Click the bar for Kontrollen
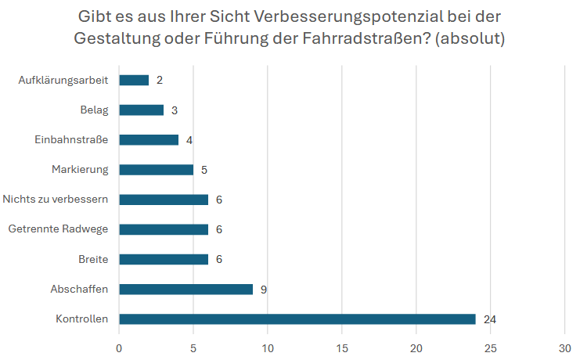point(297,319)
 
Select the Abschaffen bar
point(186,289)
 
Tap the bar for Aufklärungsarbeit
point(134,80)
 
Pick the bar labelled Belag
point(141,110)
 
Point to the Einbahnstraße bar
point(149,139)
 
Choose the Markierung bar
point(156,169)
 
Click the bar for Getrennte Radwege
point(164,229)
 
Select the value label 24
point(490,319)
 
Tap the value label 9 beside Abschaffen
point(265,290)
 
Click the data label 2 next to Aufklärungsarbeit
point(160,80)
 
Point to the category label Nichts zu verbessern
point(56,200)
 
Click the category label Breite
point(93,259)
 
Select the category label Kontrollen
point(81,319)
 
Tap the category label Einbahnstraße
point(71,139)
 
